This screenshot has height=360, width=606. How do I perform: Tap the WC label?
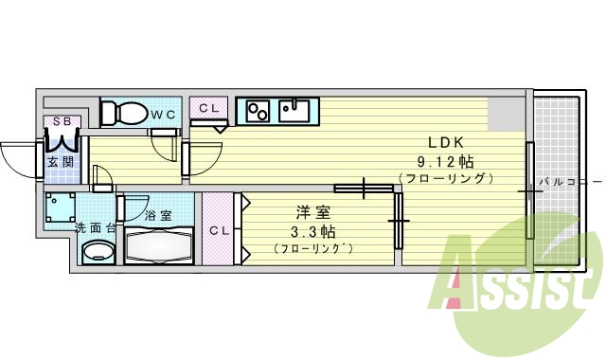pos(163,115)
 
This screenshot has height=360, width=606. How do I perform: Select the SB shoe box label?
pos(62,121)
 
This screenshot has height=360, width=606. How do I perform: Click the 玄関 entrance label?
pos(61,162)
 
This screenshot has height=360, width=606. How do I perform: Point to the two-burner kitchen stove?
pos(258,112)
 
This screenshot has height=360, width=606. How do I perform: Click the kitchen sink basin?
pos(294,111)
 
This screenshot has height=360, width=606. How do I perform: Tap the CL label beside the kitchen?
pos(209,109)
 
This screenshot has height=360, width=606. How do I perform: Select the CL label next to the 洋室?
pos(220,231)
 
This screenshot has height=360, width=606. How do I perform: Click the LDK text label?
pos(446,143)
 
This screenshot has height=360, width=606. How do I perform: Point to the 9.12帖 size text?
pos(445,161)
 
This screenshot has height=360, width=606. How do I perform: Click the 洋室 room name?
pos(312,212)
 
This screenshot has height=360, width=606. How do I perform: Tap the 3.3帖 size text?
pos(312,231)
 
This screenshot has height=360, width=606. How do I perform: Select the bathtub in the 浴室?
pos(159,245)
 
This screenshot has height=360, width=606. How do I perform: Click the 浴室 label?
pos(158,215)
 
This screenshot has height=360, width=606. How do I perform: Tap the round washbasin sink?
pos(98,252)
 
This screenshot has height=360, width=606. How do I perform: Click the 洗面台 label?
pos(95,228)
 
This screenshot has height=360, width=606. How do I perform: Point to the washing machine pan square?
pos(60,207)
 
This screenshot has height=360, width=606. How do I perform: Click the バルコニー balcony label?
pos(571,181)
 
